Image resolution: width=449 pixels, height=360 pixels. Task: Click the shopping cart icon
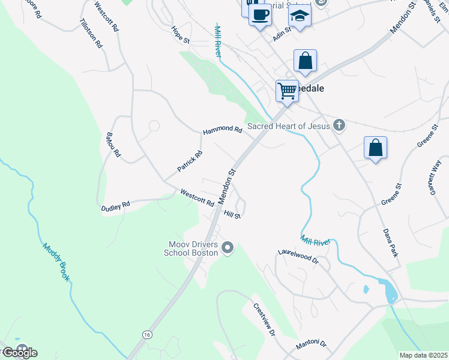pyautogui.click(x=288, y=91)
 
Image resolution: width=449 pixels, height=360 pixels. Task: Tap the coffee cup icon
pyautogui.click(x=260, y=14)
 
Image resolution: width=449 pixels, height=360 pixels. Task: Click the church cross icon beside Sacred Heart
pyautogui.click(x=339, y=125)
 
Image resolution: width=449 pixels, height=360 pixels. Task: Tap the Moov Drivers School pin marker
pyautogui.click(x=227, y=247)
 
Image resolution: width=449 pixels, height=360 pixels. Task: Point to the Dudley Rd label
pyautogui.click(x=115, y=205)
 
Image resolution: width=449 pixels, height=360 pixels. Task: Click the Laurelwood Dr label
pyautogui.click(x=297, y=257)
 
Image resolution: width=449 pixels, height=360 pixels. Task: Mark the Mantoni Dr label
pyautogui.click(x=310, y=346)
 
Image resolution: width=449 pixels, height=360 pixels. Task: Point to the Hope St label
pyautogui.click(x=180, y=34)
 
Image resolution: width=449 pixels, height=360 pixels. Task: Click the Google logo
pyautogui.click(x=19, y=352)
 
